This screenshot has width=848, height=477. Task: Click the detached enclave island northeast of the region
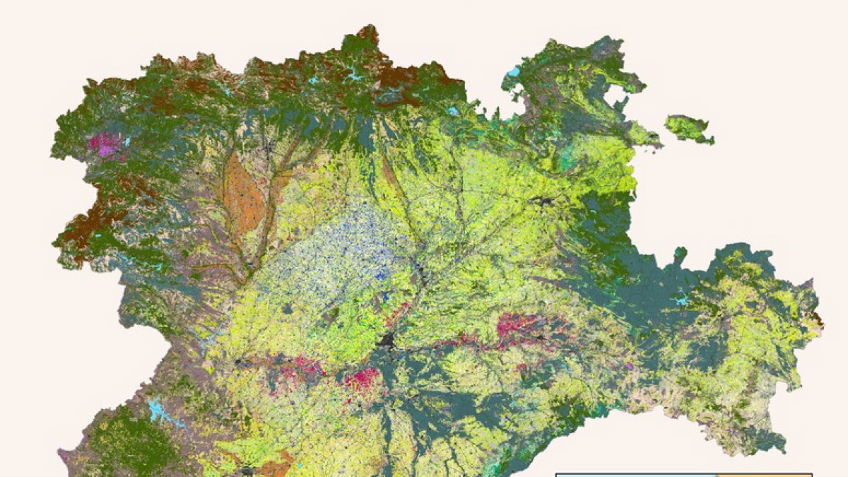pyautogui.click(x=688, y=129)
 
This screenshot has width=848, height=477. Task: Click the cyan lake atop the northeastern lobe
pyautogui.click(x=513, y=71)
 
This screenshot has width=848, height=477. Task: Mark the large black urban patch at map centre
pyautogui.click(x=387, y=341)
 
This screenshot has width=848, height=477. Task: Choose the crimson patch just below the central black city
pyautogui.click(x=362, y=377)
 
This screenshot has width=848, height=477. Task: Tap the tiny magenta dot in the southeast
pyautogui.click(x=629, y=366)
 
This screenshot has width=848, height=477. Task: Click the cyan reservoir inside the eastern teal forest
pyautogui.click(x=681, y=301)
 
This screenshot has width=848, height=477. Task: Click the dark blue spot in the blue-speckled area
pyautogui.click(x=383, y=271)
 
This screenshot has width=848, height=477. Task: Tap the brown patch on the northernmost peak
pyautogui.click(x=368, y=35)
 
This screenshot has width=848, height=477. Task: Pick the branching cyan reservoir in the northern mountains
pyautogui.click(x=353, y=73)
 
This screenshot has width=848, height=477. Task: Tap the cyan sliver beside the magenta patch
pyautogui.click(x=126, y=141)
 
